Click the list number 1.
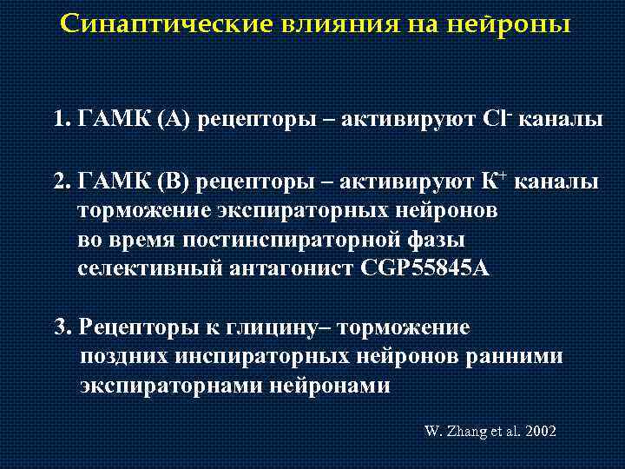60,120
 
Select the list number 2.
61,183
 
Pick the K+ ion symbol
494,182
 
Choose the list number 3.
62,328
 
